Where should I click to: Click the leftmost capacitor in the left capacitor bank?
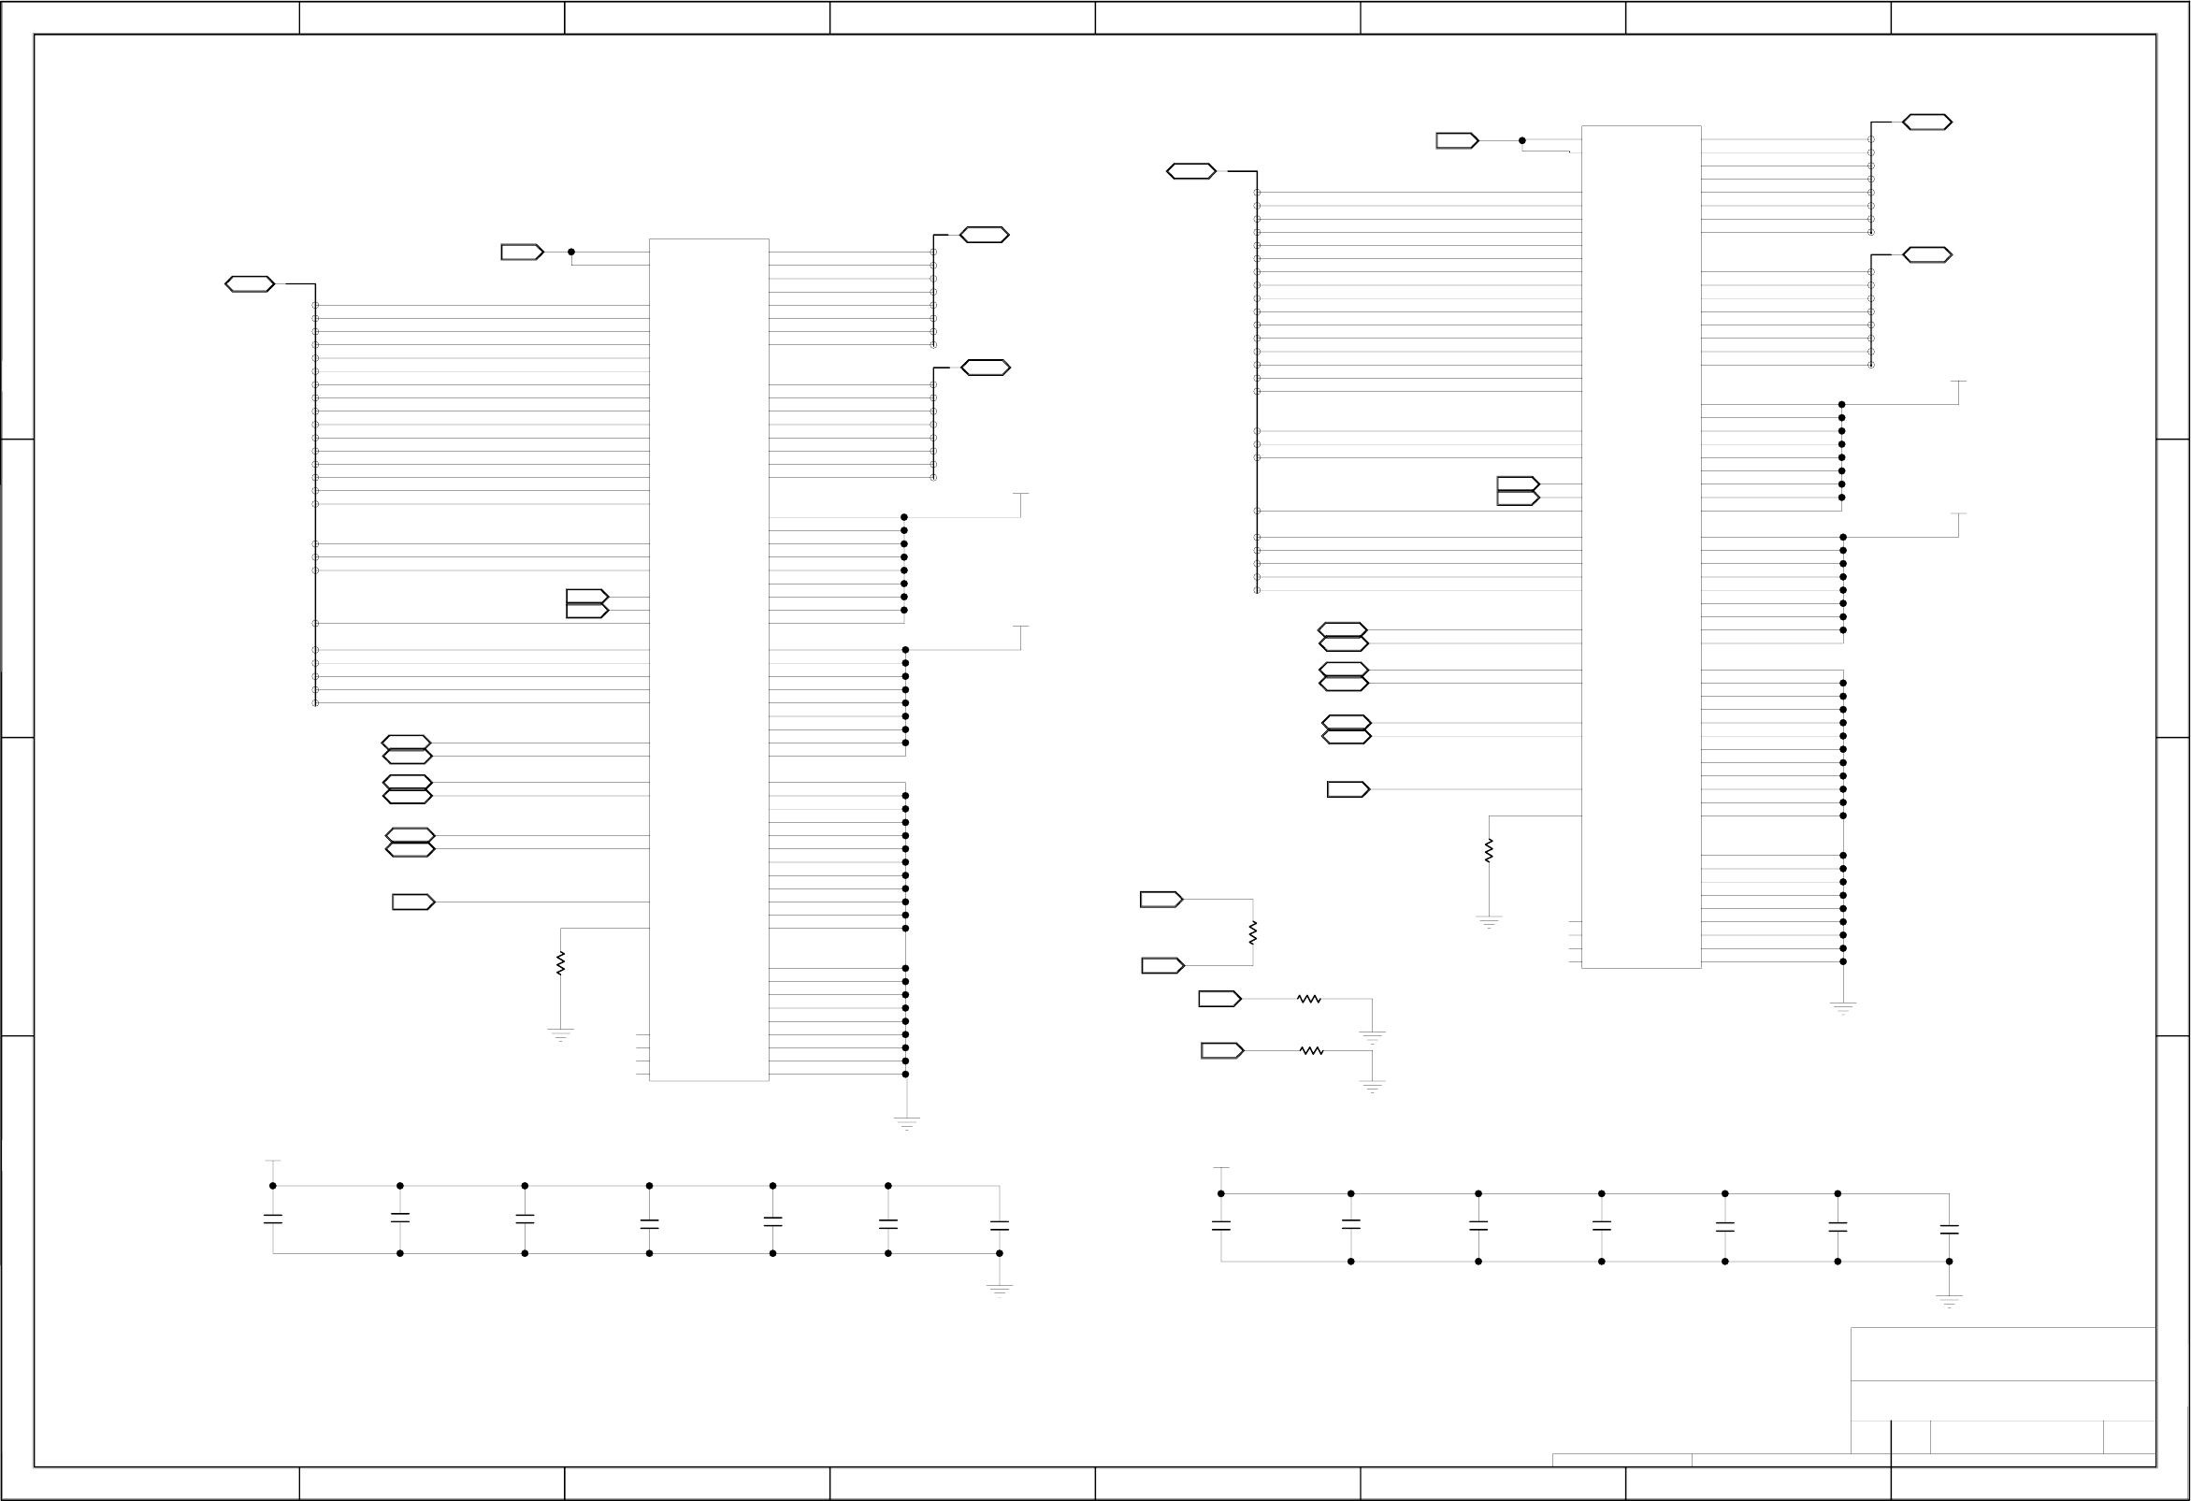click(x=273, y=1220)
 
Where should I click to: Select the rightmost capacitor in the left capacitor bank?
click(x=1000, y=1226)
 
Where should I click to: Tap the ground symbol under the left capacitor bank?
click(x=1000, y=1289)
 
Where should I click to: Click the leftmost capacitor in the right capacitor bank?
click(x=1221, y=1226)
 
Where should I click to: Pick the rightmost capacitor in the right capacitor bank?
click(x=1949, y=1230)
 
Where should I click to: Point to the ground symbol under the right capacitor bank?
click(x=1949, y=1301)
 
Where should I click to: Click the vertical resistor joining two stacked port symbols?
click(x=1253, y=932)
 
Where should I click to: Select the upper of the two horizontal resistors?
click(x=1308, y=999)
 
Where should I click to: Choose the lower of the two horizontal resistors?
click(x=1311, y=1050)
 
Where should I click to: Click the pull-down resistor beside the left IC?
click(x=560, y=962)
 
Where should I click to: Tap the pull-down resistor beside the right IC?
click(x=1489, y=850)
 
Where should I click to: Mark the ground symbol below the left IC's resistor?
click(x=560, y=1033)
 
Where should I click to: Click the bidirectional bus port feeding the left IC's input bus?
click(x=250, y=283)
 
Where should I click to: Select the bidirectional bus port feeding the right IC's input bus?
click(x=1191, y=171)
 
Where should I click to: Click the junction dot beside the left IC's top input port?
click(x=571, y=252)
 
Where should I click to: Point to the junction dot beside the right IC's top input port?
click(x=1521, y=140)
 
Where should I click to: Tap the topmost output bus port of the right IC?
click(x=1927, y=123)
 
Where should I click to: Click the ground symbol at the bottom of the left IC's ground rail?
click(x=906, y=1122)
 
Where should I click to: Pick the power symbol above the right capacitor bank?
click(x=1221, y=1169)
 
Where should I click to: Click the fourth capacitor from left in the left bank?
click(x=649, y=1224)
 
